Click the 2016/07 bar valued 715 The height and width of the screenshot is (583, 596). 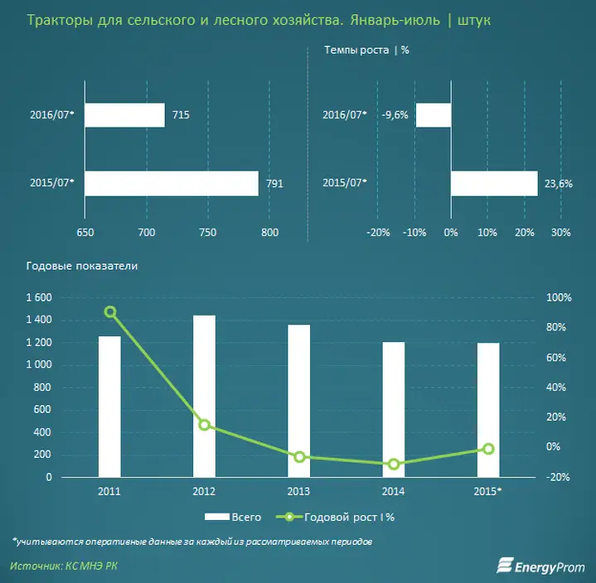[x=124, y=115]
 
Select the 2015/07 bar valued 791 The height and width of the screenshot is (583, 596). [x=172, y=183]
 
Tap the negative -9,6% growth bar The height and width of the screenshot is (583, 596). [x=433, y=115]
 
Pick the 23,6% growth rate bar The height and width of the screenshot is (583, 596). [x=494, y=183]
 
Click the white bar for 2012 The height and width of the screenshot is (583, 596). [x=204, y=396]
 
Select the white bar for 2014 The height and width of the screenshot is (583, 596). [x=394, y=409]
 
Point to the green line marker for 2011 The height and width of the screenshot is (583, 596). [x=110, y=312]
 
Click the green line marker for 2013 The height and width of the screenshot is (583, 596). [x=299, y=456]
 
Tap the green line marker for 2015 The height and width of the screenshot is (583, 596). [x=488, y=449]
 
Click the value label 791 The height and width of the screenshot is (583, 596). [x=274, y=184]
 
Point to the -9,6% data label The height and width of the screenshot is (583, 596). [x=395, y=115]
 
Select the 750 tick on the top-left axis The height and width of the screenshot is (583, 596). [x=208, y=233]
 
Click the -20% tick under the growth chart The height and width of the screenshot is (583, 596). [x=378, y=233]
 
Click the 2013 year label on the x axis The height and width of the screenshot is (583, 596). [x=299, y=491]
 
